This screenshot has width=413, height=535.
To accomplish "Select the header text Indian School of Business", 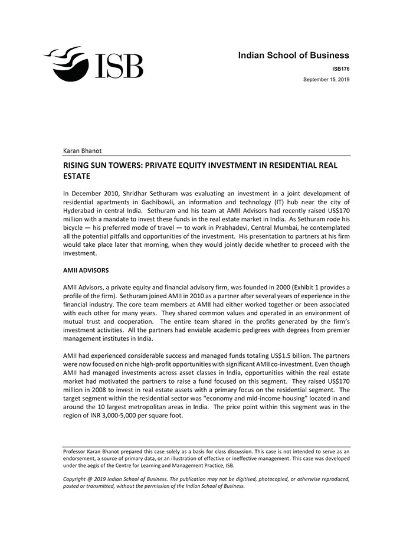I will click(x=293, y=56).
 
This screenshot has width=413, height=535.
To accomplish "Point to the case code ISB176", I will click(x=340, y=69).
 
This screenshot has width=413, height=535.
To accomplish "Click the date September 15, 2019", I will click(x=326, y=79).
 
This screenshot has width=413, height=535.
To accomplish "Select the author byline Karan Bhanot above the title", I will click(x=82, y=151).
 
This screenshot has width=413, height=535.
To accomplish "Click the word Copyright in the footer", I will click(x=77, y=479).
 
